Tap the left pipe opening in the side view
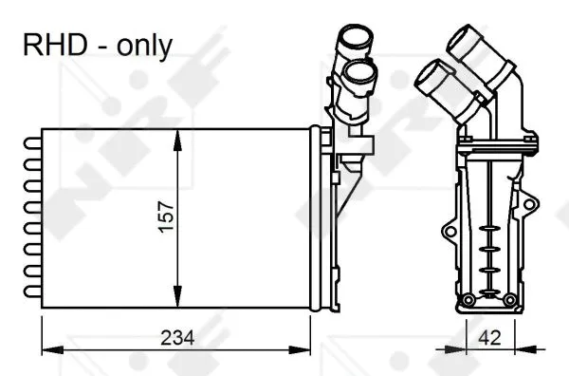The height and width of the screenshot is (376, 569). pyautogui.click(x=429, y=75)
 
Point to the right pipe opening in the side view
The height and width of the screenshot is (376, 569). pyautogui.click(x=465, y=41)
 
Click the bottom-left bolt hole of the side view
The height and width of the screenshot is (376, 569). pyautogui.click(x=467, y=301)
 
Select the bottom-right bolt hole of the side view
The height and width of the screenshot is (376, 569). pyautogui.click(x=510, y=302)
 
